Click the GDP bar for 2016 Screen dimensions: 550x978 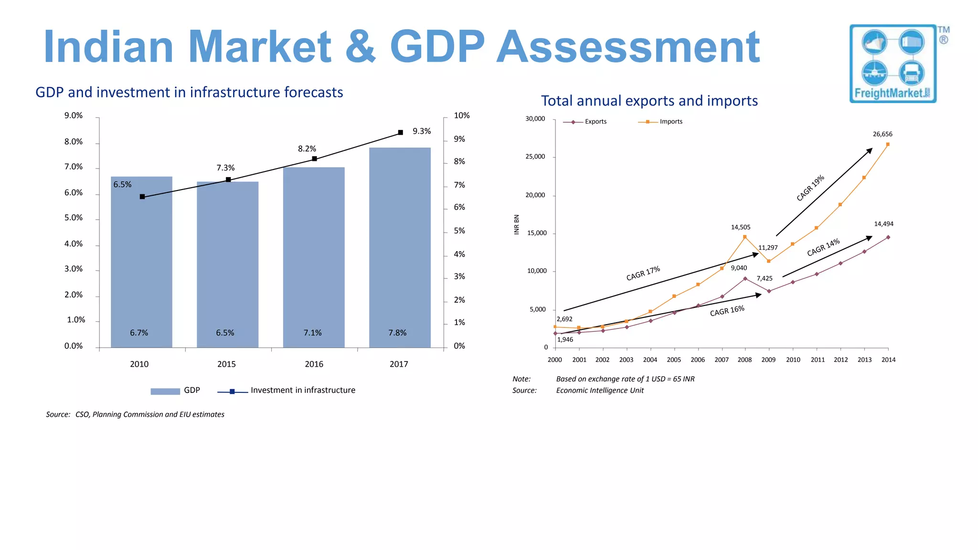coord(314,258)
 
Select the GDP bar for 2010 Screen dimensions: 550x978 coord(141,263)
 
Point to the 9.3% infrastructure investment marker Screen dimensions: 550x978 coord(401,132)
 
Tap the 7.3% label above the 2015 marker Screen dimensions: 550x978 coord(225,168)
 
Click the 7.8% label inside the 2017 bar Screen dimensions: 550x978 coord(397,333)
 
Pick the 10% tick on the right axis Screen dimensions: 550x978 coord(461,116)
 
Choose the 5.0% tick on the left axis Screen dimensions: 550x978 coord(74,218)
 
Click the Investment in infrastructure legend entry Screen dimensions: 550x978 coord(287,391)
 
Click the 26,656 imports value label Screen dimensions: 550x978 coord(882,134)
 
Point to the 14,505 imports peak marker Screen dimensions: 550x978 coord(745,237)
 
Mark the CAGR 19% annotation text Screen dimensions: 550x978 coord(810,188)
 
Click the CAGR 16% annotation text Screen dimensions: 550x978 coord(727,311)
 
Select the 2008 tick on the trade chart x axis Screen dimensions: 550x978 coord(744,360)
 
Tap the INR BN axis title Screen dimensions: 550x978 coord(516,224)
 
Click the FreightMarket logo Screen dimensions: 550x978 coord(893,63)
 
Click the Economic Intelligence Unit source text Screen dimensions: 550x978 coord(600,391)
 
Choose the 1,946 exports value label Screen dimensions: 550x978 coord(565,339)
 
